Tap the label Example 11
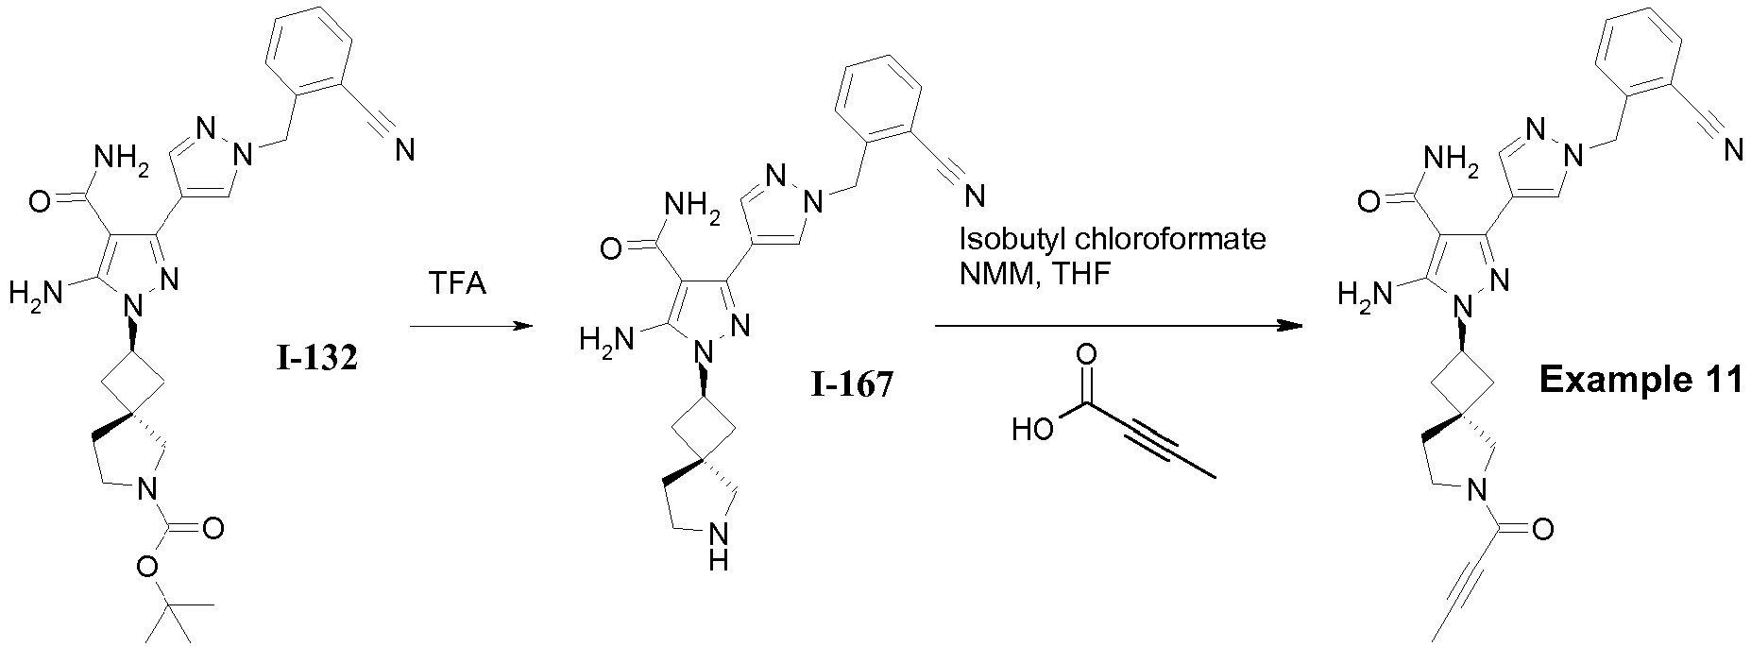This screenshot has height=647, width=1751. (x=1640, y=380)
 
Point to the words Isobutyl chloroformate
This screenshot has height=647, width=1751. (x=1113, y=239)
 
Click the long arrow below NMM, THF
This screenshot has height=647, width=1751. (x=1117, y=327)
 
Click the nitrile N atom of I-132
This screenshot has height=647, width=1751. (x=405, y=149)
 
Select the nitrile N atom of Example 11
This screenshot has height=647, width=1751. (x=1732, y=149)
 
